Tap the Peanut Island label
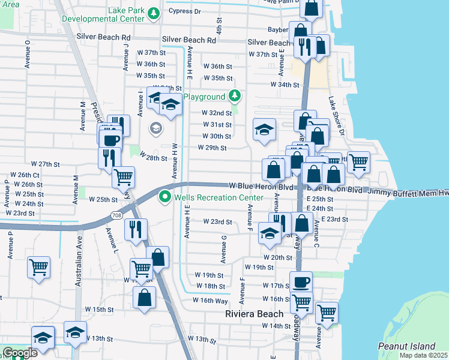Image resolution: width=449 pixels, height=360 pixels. tap(406, 346)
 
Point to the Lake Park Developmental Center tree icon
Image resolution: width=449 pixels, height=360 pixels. tap(154, 13)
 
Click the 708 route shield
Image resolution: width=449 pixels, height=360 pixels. tap(117, 215)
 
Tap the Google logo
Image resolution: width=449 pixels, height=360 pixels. tap(20, 353)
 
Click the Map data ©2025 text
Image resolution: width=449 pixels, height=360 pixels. tap(424, 355)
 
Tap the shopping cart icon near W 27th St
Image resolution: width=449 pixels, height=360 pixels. tap(123, 176)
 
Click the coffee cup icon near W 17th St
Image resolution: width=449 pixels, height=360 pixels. tap(301, 281)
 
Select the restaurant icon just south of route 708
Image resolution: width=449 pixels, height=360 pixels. tap(136, 228)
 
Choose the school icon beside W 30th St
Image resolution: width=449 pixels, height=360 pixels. tap(264, 130)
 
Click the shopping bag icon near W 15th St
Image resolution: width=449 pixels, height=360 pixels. tap(145, 297)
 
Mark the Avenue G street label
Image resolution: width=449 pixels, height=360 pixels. tap(223, 248)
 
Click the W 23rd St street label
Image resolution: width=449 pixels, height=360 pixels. tap(217, 221)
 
